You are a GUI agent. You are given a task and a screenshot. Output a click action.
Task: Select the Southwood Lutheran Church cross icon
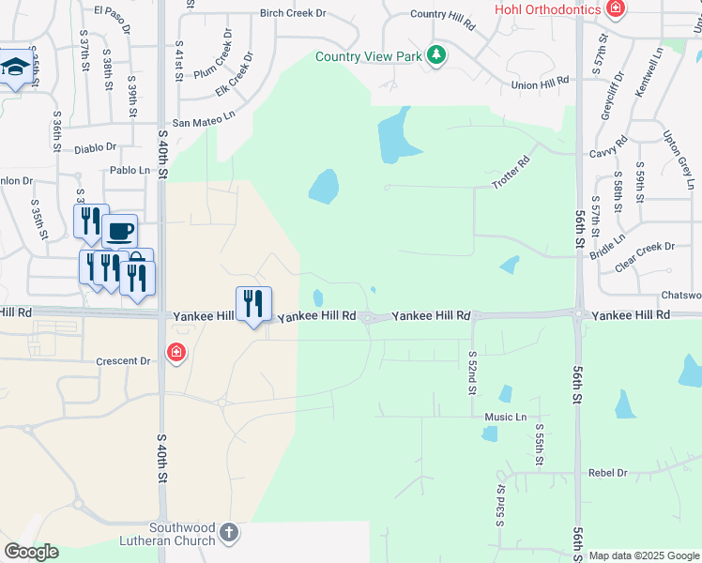tap(228, 534)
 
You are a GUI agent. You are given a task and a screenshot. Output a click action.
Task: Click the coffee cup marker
tap(120, 230)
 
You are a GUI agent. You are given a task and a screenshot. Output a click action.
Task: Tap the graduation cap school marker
tap(14, 67)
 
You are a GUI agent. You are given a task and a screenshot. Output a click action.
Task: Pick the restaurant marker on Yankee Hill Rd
tap(253, 303)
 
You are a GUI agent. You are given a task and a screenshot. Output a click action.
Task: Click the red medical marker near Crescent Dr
tap(175, 353)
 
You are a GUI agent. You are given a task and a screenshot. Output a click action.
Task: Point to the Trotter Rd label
tap(511, 173)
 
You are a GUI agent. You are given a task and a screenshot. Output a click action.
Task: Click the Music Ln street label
tap(506, 417)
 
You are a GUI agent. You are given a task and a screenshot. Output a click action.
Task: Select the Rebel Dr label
tap(608, 473)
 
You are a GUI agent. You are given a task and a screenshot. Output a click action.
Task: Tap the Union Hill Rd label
tap(541, 84)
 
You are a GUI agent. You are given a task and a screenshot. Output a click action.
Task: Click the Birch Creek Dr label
tap(293, 13)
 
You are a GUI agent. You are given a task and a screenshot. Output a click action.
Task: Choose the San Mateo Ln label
tap(202, 122)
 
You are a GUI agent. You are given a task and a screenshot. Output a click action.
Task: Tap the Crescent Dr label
tap(123, 361)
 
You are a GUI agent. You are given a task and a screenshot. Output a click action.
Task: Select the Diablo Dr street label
tap(95, 147)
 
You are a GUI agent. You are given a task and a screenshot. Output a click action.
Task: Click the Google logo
tap(31, 552)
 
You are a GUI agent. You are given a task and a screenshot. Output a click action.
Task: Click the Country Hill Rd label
tap(443, 15)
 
